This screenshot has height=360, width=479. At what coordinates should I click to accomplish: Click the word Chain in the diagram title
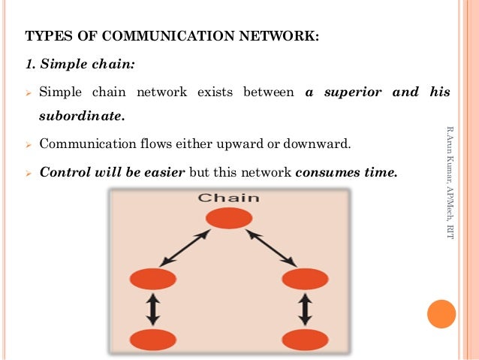click(x=228, y=198)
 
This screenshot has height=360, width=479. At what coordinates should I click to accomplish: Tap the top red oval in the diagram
click(x=229, y=218)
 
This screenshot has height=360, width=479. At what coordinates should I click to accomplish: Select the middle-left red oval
click(x=152, y=280)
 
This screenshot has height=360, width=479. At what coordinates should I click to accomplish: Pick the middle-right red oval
click(x=305, y=280)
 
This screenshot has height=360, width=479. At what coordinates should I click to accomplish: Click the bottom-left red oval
click(x=152, y=340)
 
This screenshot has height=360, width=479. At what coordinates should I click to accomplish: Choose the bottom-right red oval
click(x=305, y=340)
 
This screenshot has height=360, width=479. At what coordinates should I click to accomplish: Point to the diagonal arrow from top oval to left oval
click(x=185, y=248)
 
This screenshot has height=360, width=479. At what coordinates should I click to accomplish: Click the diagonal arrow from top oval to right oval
click(x=271, y=248)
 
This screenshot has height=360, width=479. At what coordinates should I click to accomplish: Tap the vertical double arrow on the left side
click(x=153, y=310)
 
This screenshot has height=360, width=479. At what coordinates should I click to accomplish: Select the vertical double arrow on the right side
click(x=305, y=310)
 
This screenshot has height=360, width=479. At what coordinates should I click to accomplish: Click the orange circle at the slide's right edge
click(x=441, y=314)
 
